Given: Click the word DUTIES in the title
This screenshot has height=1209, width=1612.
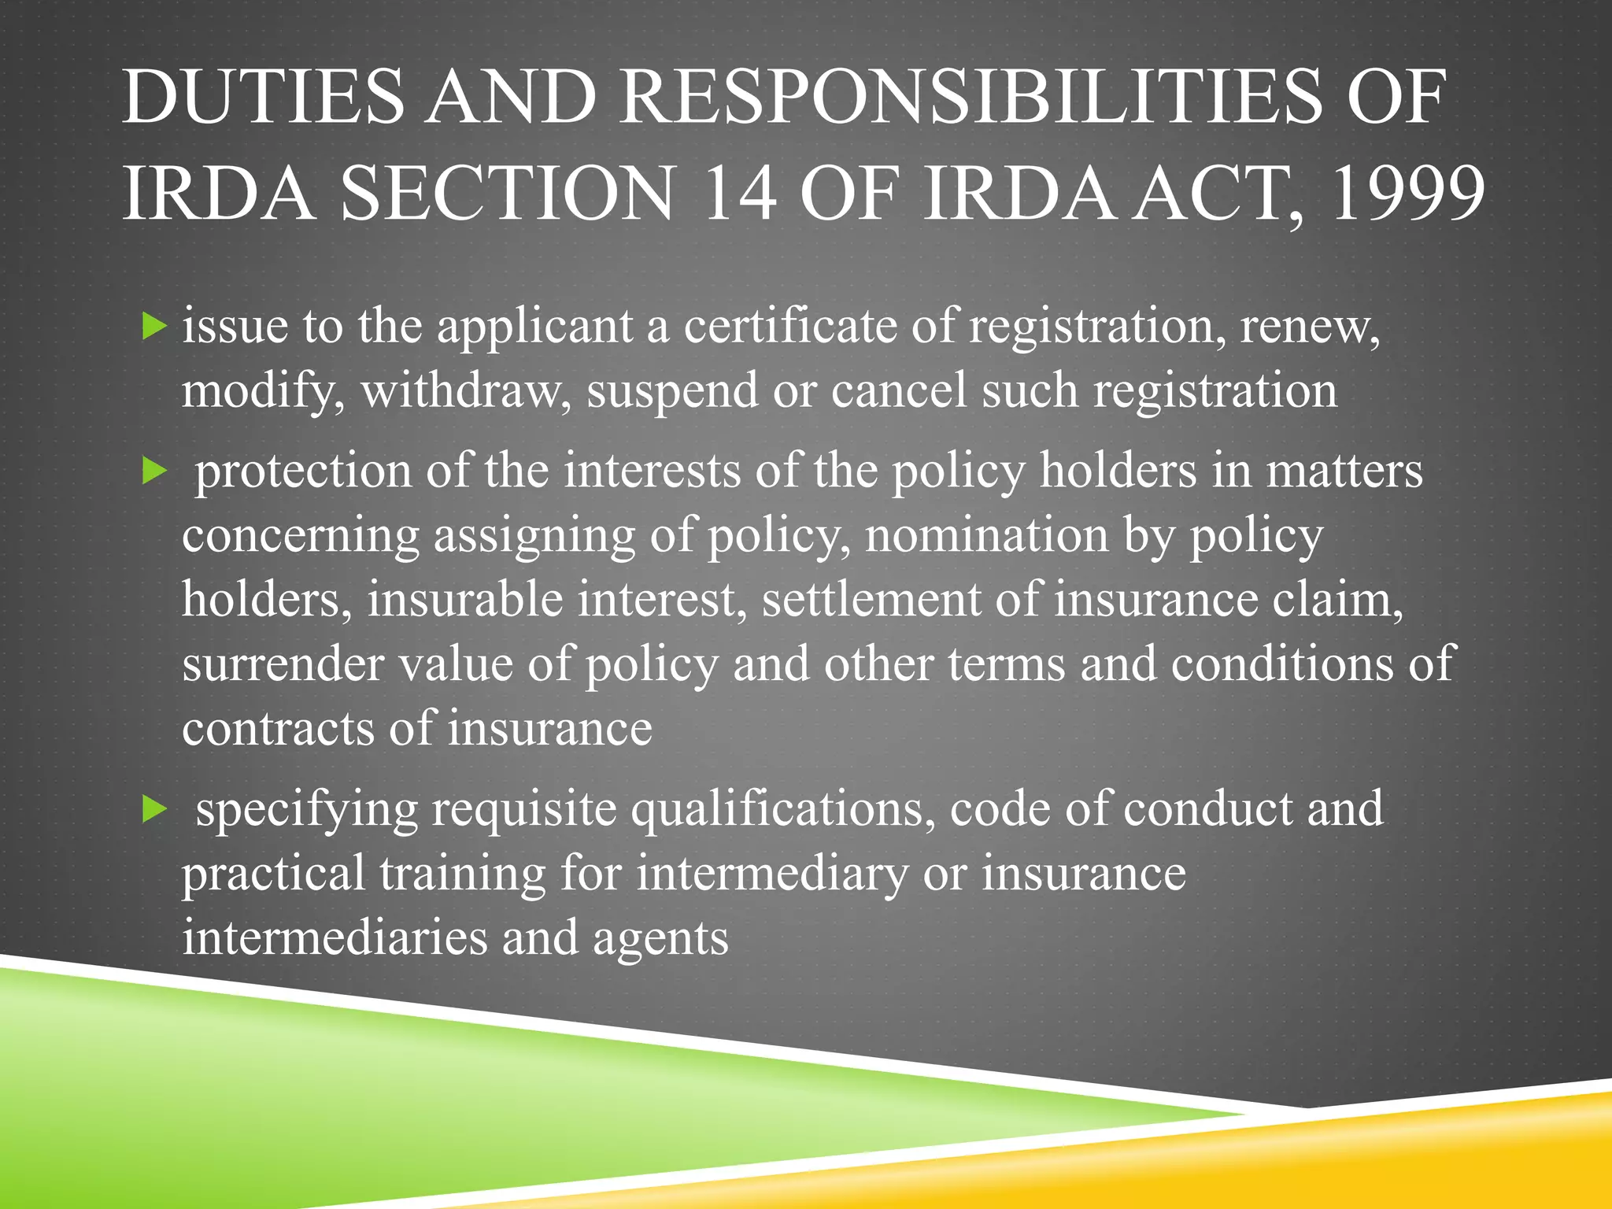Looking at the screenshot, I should click(262, 98).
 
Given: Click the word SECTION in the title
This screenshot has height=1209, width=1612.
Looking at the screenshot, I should click(508, 194).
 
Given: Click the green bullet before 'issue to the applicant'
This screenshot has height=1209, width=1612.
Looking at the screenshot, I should click(155, 325).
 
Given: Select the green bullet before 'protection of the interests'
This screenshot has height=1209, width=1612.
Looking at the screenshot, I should click(155, 471).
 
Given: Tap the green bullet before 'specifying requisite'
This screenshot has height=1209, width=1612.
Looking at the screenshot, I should click(155, 808).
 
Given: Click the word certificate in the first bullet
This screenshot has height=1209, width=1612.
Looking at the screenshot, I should click(789, 325).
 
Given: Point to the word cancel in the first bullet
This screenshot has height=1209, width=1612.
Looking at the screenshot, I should click(898, 391).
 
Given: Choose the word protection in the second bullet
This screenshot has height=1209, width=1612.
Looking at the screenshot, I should click(303, 471).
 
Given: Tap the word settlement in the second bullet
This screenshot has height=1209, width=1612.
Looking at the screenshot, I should click(871, 600).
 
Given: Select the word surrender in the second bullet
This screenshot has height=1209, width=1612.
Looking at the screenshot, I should click(283, 664).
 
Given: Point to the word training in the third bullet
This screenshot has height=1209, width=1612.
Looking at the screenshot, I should click(463, 874).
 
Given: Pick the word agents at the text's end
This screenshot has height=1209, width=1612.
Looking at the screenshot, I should click(660, 938).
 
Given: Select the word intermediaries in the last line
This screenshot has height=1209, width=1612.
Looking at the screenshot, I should click(335, 938).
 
